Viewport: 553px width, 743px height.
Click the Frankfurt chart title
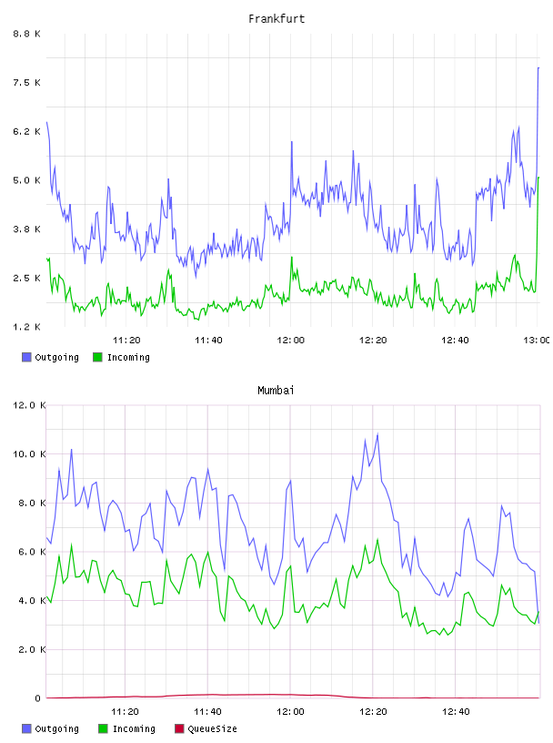coord(276,19)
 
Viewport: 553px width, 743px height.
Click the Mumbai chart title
coord(276,391)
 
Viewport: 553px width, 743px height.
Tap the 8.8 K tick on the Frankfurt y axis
coord(27,34)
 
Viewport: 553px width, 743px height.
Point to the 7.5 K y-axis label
coord(27,83)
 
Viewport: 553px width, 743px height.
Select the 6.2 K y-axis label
coord(27,131)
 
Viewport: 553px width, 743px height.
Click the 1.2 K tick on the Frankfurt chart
coord(27,327)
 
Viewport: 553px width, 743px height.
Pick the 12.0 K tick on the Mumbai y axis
coord(29,405)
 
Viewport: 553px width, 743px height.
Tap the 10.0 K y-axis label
coord(29,454)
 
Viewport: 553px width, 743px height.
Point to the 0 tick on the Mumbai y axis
coord(38,698)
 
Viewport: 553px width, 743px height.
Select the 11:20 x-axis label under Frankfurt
coord(126,341)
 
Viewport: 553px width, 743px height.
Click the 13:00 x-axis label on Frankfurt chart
coord(537,341)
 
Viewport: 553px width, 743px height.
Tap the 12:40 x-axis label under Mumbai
coord(456,712)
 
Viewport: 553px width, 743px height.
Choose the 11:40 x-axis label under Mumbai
coord(208,712)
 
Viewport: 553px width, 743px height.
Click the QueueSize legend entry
coord(206,728)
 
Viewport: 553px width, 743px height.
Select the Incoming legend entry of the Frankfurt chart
coord(122,357)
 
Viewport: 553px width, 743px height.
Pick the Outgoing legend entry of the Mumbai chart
coord(51,728)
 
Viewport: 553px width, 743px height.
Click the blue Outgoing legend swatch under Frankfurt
coord(26,357)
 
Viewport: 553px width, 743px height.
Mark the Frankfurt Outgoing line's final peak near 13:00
coord(538,67)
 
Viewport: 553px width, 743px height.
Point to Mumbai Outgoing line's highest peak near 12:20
coord(377,433)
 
